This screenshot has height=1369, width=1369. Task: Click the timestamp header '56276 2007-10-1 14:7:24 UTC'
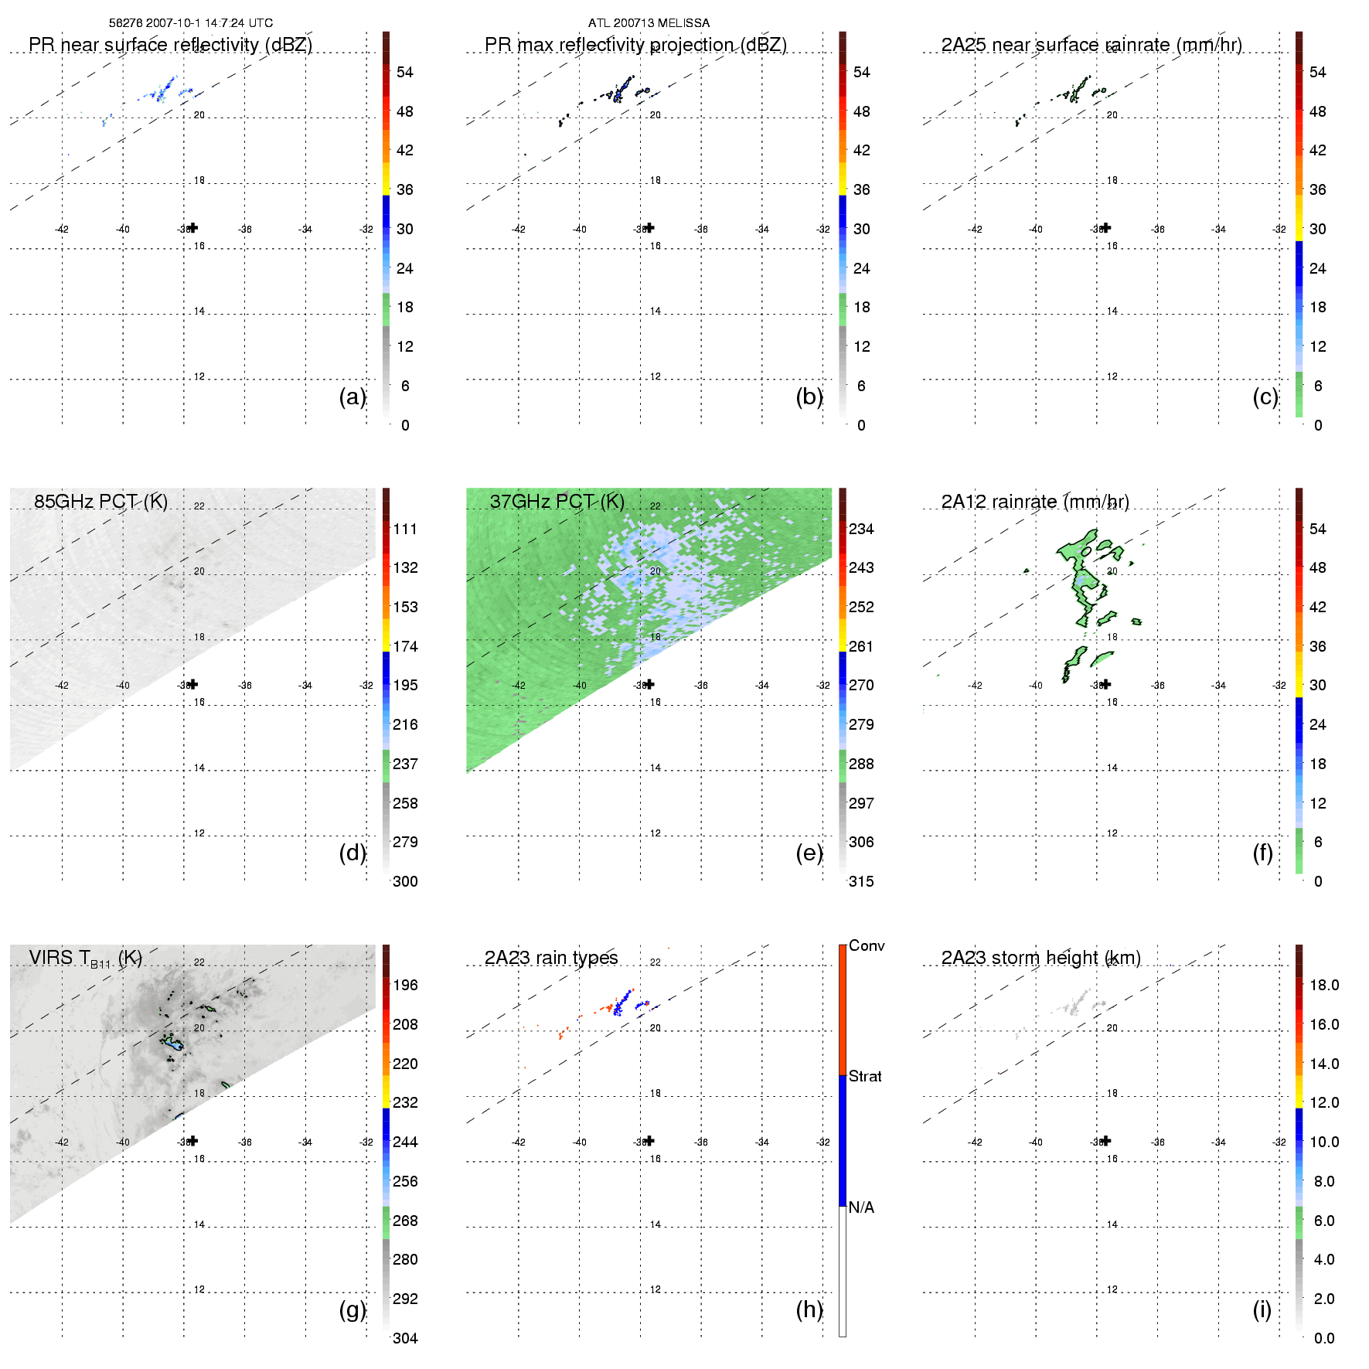(x=191, y=23)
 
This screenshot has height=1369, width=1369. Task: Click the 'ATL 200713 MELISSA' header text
(x=649, y=23)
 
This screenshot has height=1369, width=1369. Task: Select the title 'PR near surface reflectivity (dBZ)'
(x=170, y=45)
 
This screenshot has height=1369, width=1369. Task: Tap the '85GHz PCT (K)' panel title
(x=100, y=502)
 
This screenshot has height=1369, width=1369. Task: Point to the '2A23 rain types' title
(x=551, y=958)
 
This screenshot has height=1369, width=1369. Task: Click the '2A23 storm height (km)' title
(x=1040, y=958)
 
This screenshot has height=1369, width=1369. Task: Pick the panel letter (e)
(x=809, y=853)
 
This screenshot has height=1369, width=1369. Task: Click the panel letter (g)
(x=352, y=1309)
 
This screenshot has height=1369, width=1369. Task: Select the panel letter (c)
(x=1265, y=397)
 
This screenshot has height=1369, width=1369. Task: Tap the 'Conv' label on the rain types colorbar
(x=867, y=945)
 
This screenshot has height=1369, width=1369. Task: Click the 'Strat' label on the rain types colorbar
(x=865, y=1076)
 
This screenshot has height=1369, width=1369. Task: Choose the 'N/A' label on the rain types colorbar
(x=861, y=1207)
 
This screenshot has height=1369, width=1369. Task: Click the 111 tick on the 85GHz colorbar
(x=405, y=529)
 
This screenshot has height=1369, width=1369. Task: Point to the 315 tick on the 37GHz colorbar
(x=861, y=881)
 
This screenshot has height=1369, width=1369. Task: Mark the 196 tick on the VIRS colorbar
(x=405, y=985)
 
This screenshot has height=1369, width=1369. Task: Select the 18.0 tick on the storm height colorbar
(x=1324, y=985)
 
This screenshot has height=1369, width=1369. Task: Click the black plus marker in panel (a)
(x=193, y=227)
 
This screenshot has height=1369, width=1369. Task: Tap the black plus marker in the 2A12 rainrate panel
(x=1106, y=684)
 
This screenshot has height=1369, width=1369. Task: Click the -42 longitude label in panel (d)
(x=62, y=686)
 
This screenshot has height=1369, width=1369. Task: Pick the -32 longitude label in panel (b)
(x=823, y=230)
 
